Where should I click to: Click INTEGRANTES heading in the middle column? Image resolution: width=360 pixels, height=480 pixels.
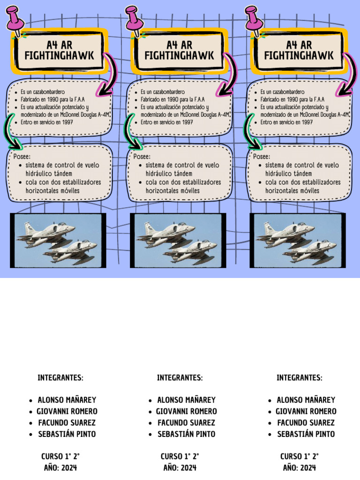(x=180, y=378)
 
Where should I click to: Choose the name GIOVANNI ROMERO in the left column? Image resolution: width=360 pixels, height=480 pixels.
(x=67, y=412)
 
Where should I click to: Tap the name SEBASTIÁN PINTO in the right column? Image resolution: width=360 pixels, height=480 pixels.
(x=306, y=434)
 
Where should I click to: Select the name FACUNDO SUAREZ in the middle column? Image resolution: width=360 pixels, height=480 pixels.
(x=186, y=423)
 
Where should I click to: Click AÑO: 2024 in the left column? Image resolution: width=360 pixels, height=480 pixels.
(x=60, y=468)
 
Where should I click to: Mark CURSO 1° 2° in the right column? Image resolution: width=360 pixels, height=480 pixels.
(x=300, y=457)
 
